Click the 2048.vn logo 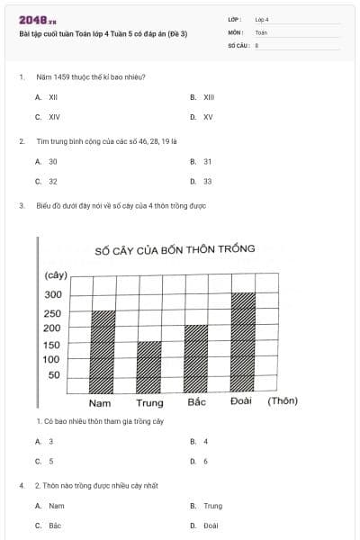click(x=37, y=20)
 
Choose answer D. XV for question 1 click(x=202, y=117)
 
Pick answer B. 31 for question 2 click(x=202, y=161)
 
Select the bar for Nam click(x=104, y=351)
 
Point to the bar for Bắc click(x=195, y=358)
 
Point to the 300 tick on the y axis click(x=53, y=295)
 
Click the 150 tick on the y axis click(x=53, y=345)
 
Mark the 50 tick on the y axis click(x=55, y=375)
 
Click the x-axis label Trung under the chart click(x=149, y=402)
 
